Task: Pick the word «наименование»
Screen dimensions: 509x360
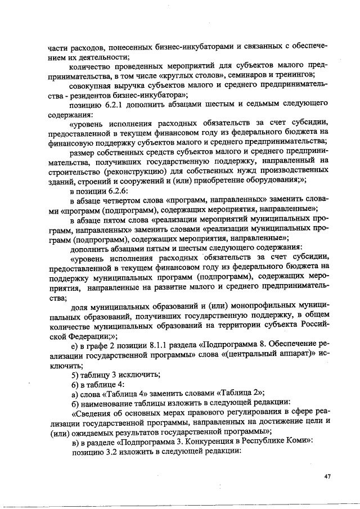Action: [110, 404]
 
